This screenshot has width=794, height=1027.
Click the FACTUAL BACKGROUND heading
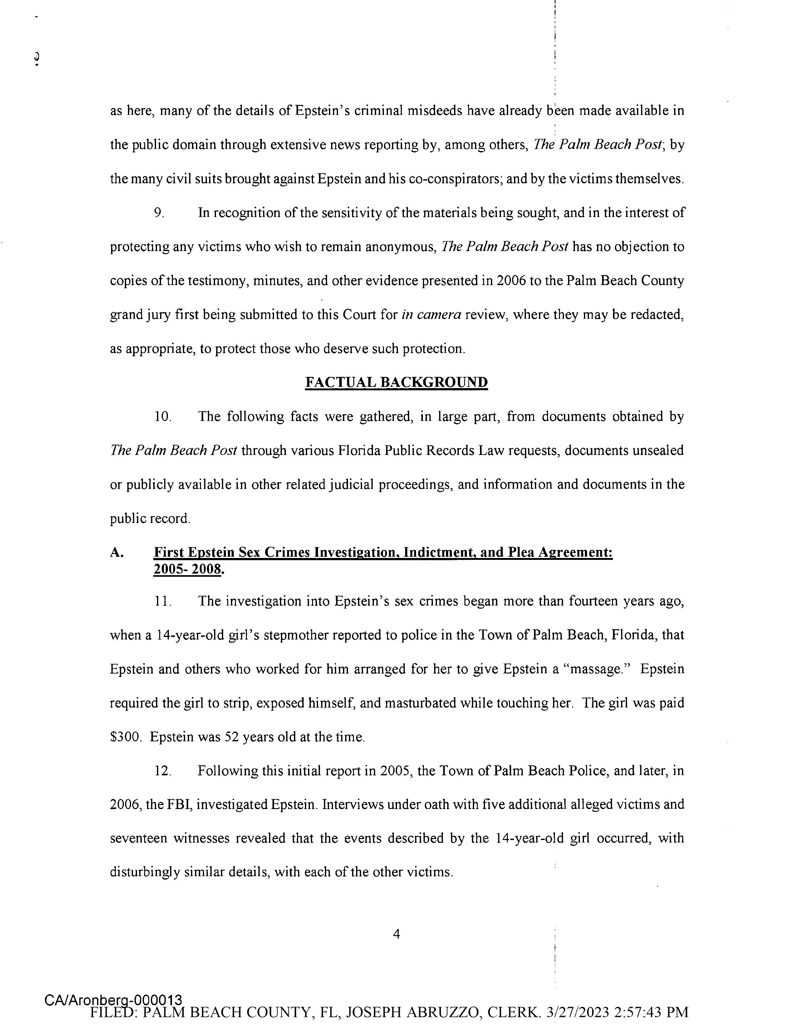pos(396,382)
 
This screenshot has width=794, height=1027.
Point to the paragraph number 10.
pos(163,417)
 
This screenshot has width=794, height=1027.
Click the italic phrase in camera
pos(431,314)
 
